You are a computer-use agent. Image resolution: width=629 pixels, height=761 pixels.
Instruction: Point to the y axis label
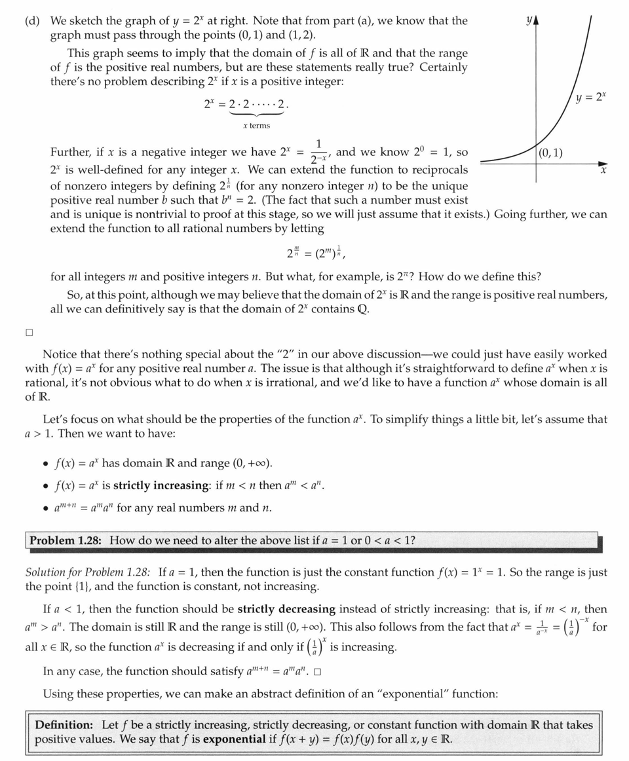[529, 21]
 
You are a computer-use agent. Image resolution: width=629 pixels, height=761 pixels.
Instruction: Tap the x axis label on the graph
[603, 170]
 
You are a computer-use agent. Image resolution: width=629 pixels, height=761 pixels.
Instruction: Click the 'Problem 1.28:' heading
[66, 540]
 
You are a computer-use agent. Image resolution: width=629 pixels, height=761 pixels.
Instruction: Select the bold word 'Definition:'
[65, 725]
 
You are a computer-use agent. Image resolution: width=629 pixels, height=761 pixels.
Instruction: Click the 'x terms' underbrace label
[256, 126]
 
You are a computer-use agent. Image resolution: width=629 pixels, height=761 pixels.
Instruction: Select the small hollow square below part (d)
[29, 333]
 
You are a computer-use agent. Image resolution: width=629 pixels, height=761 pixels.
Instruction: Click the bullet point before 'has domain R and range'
[45, 464]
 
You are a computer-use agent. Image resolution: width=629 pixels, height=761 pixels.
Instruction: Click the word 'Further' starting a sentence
[71, 152]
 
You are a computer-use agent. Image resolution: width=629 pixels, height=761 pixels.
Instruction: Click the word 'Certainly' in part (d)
[444, 67]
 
